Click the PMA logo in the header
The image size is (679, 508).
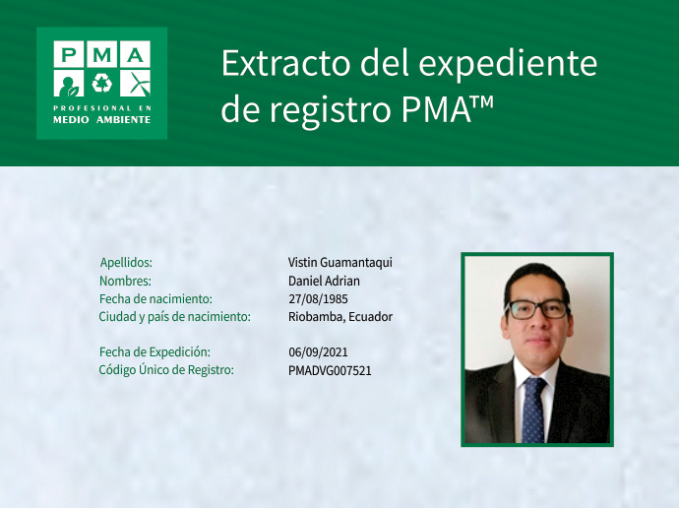101,83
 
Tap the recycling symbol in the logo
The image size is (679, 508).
101,83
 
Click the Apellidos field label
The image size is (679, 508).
126,263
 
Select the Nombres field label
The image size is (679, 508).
125,281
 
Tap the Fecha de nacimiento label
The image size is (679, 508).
155,298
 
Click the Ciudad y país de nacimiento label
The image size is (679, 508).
174,317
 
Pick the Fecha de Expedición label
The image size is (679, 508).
154,351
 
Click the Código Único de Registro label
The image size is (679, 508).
165,370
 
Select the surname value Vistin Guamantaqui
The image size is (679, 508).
340,263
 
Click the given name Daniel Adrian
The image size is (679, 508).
324,281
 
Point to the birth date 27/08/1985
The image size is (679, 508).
318,298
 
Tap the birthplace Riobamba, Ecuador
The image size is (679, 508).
340,317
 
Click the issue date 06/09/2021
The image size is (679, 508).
318,351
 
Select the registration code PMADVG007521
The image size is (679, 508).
330,370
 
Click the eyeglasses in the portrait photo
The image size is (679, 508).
538,308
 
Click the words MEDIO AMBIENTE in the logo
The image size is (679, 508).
101,119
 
